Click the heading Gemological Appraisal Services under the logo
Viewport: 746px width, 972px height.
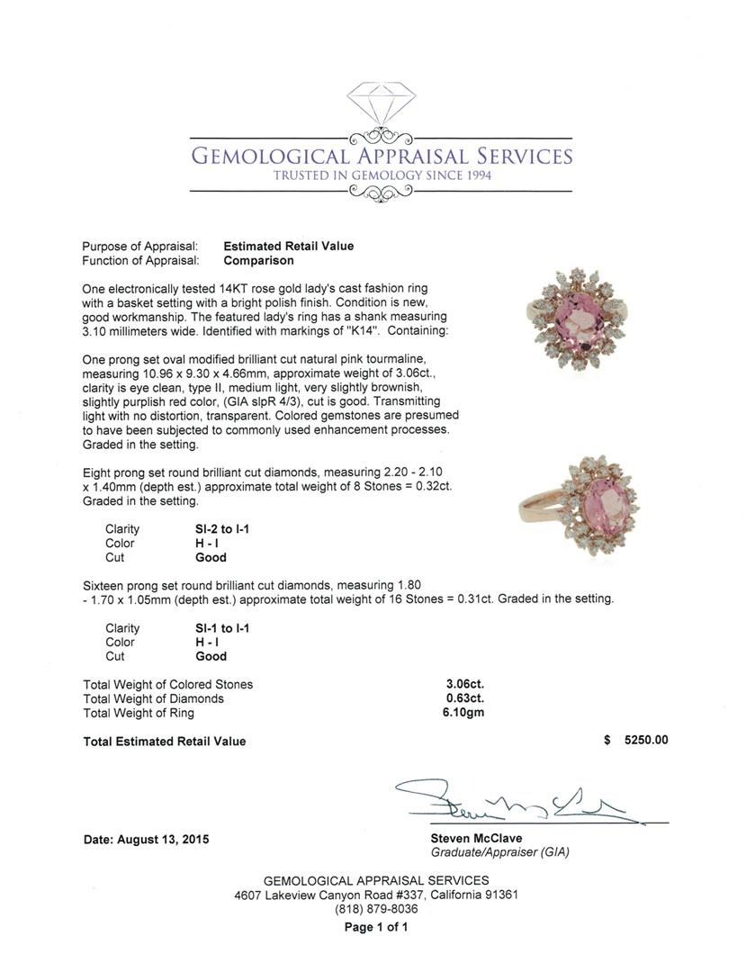[382, 157]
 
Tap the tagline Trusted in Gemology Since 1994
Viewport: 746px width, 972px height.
[382, 175]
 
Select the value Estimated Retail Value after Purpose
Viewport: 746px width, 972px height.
[288, 246]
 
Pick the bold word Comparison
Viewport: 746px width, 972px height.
[258, 260]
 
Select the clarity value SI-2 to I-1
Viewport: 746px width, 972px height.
[215, 528]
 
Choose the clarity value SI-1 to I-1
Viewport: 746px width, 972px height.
[215, 628]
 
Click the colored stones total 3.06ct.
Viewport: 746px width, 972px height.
[464, 684]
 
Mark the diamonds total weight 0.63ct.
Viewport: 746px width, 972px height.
[464, 698]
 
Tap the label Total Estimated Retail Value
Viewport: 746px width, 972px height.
[164, 742]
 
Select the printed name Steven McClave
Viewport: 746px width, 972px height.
[476, 839]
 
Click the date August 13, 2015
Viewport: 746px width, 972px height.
[146, 840]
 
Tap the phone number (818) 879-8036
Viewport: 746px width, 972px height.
[376, 909]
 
